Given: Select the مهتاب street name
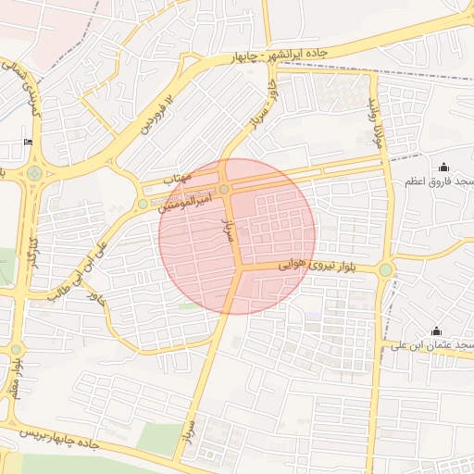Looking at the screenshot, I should [176, 176].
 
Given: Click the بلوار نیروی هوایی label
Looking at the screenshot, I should [298, 266].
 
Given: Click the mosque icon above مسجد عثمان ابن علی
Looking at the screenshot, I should [436, 331].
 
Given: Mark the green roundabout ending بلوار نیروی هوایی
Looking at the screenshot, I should [385, 269].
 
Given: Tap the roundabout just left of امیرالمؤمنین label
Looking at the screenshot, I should [143, 204].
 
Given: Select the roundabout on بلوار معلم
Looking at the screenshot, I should [16, 349].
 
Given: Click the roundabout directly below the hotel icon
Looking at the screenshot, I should [35, 172].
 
